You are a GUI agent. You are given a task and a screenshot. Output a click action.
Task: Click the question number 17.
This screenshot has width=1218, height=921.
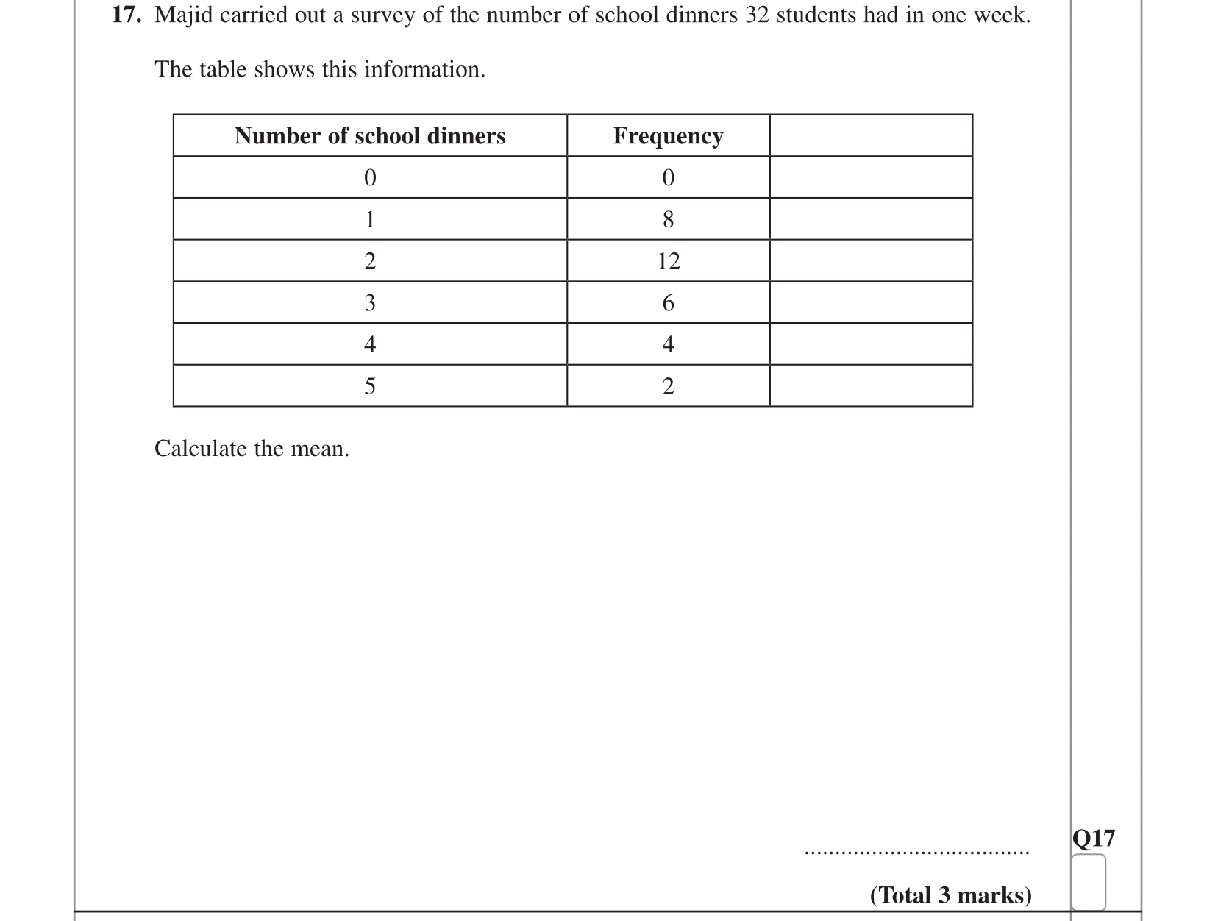[x=126, y=15]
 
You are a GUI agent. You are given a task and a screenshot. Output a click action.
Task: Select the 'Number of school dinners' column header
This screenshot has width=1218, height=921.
[x=370, y=136]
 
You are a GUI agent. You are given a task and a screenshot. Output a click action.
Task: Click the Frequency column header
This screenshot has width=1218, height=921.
[x=668, y=136]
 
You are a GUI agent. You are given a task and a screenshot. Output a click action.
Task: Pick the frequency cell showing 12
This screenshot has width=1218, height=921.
[x=669, y=261]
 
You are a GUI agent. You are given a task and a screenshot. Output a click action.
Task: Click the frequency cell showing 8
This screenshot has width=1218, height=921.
[x=668, y=219]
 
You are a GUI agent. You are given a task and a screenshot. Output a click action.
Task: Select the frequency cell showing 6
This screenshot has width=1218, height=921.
[x=668, y=303]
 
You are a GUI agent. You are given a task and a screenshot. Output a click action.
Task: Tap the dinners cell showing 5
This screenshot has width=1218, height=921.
[x=370, y=386]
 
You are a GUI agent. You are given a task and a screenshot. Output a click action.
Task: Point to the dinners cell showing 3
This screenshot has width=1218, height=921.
[x=370, y=303]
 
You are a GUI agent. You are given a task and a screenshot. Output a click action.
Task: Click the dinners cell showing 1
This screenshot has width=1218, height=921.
[x=370, y=219]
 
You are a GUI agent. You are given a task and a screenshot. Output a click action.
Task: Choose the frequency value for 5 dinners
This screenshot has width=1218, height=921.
[x=668, y=386]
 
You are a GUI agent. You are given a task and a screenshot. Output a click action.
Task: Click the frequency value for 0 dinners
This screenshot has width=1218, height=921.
[x=668, y=178]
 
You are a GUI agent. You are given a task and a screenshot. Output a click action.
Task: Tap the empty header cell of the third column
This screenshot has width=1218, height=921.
[x=871, y=136]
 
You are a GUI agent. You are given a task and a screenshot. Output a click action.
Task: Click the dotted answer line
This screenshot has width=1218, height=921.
[x=917, y=853]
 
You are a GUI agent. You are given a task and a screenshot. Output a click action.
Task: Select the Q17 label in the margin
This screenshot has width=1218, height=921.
[x=1094, y=839]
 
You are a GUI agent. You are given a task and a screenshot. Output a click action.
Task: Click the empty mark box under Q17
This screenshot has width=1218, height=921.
[x=1089, y=881]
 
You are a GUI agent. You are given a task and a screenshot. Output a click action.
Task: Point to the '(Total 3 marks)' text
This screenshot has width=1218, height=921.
[x=950, y=895]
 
